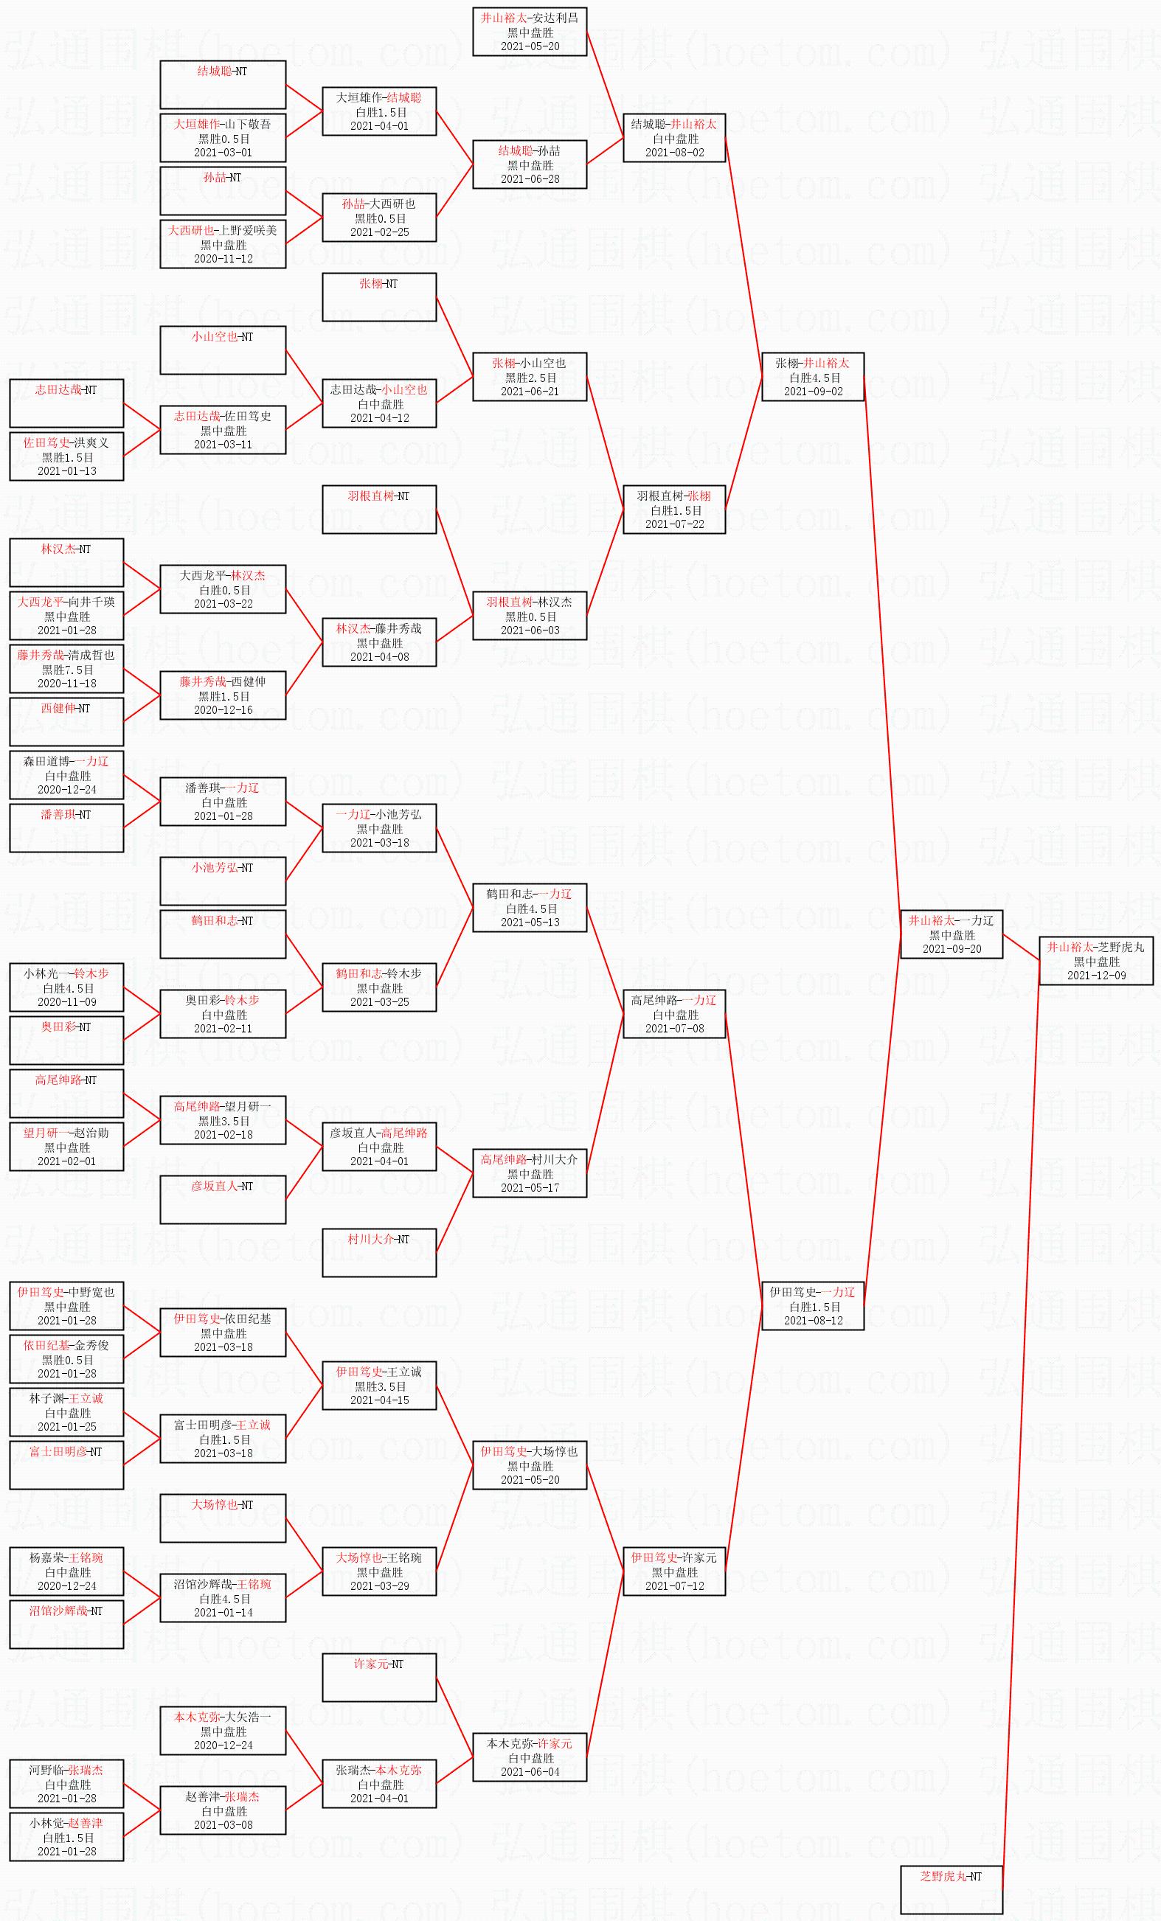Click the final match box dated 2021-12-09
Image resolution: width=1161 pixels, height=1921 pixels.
(x=1095, y=962)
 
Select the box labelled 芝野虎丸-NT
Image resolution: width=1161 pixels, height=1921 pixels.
(x=952, y=1889)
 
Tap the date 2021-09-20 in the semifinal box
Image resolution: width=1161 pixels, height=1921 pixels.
(x=952, y=949)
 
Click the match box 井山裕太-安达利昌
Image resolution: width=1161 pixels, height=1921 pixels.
(x=530, y=32)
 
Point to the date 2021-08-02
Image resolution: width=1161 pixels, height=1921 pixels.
(x=674, y=153)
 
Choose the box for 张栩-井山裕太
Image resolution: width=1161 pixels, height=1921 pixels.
(x=812, y=377)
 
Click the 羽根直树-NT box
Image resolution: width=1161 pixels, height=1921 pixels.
(x=379, y=509)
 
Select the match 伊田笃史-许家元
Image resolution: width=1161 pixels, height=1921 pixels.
(x=674, y=1571)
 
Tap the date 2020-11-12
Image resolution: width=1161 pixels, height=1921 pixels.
(x=223, y=259)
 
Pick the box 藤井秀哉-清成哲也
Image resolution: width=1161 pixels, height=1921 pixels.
(x=66, y=669)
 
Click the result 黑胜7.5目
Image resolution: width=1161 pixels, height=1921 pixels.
(x=67, y=670)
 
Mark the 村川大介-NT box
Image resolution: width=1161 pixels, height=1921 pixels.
(x=379, y=1253)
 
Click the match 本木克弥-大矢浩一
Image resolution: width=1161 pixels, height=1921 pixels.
(x=223, y=1731)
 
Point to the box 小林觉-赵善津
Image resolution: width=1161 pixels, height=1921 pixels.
(x=66, y=1837)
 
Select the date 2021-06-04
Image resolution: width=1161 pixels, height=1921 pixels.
(x=530, y=1771)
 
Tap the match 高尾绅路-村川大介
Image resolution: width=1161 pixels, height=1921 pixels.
(x=530, y=1173)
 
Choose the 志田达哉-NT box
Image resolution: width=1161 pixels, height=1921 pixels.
(x=66, y=403)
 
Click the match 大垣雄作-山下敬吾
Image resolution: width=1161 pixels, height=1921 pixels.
(x=223, y=138)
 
